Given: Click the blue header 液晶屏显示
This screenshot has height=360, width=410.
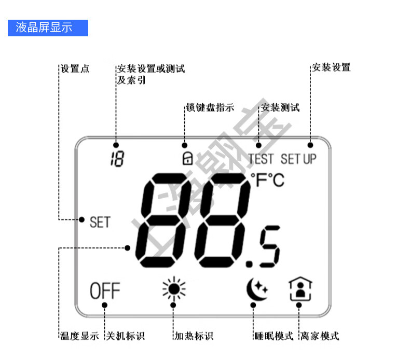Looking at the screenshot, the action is [48, 27].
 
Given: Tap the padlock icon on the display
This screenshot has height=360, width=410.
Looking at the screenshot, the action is [186, 158].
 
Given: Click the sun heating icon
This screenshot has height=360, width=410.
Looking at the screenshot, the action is [173, 289].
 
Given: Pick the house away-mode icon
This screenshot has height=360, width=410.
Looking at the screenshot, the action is [300, 289].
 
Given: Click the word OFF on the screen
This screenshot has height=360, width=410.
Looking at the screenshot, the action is [104, 290].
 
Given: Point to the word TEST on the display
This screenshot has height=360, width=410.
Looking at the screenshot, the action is [261, 159].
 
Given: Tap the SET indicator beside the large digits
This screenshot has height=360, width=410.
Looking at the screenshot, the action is [100, 222].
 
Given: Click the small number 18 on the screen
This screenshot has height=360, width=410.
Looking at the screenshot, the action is [117, 159].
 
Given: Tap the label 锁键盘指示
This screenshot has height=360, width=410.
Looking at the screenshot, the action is [210, 108].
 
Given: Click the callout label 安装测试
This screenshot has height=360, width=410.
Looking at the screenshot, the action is [280, 108].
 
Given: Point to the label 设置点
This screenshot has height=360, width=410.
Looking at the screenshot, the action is [75, 68].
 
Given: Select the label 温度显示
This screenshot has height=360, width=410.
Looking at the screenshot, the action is [79, 336].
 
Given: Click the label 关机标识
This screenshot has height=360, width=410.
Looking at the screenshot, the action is [125, 336].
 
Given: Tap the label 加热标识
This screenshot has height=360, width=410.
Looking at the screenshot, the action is [193, 336].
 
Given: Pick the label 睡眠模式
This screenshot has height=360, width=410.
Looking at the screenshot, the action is [274, 336].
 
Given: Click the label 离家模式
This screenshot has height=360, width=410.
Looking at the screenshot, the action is [320, 336].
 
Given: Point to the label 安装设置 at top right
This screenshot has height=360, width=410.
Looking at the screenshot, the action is [331, 67].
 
